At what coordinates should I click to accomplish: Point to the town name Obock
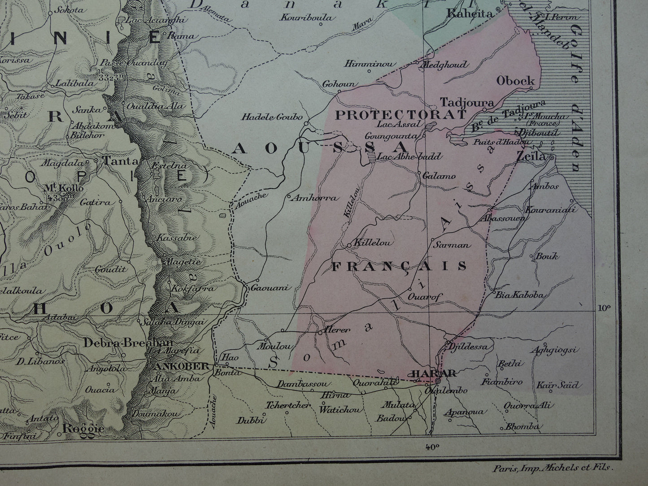click(x=516, y=81)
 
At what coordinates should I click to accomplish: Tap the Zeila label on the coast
click(x=531, y=157)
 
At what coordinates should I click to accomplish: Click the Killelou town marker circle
click(x=349, y=245)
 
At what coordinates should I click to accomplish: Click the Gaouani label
click(x=268, y=288)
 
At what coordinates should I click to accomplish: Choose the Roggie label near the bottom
click(x=83, y=429)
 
